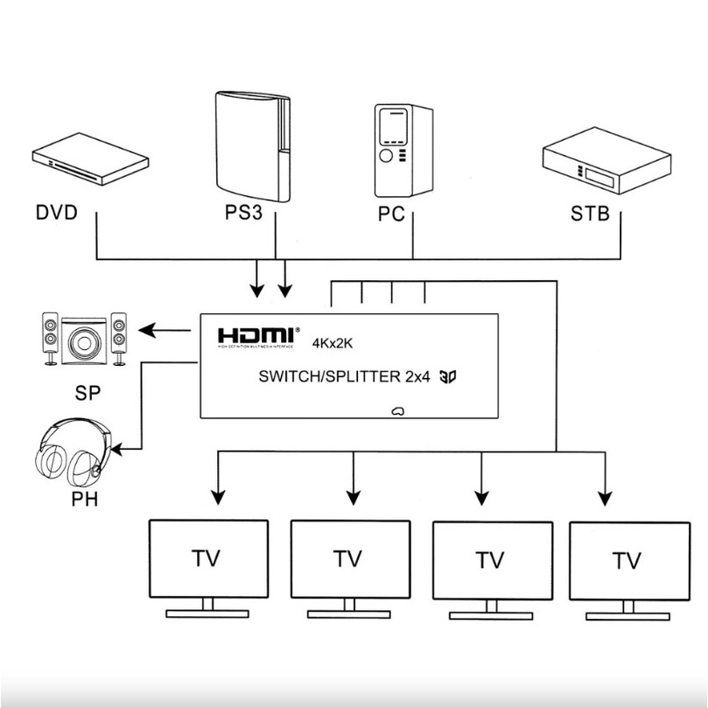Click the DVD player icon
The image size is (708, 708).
pos(90,163)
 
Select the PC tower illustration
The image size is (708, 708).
pos(403,151)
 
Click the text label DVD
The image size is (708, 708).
pos(57,214)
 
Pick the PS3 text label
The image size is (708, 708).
pos(242,214)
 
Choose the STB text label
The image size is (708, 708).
pos(590,214)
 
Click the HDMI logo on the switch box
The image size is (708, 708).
pos(257,336)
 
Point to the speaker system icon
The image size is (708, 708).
pos(84,339)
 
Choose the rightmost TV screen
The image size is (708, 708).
pos(627,560)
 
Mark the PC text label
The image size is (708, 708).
pos(393,214)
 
